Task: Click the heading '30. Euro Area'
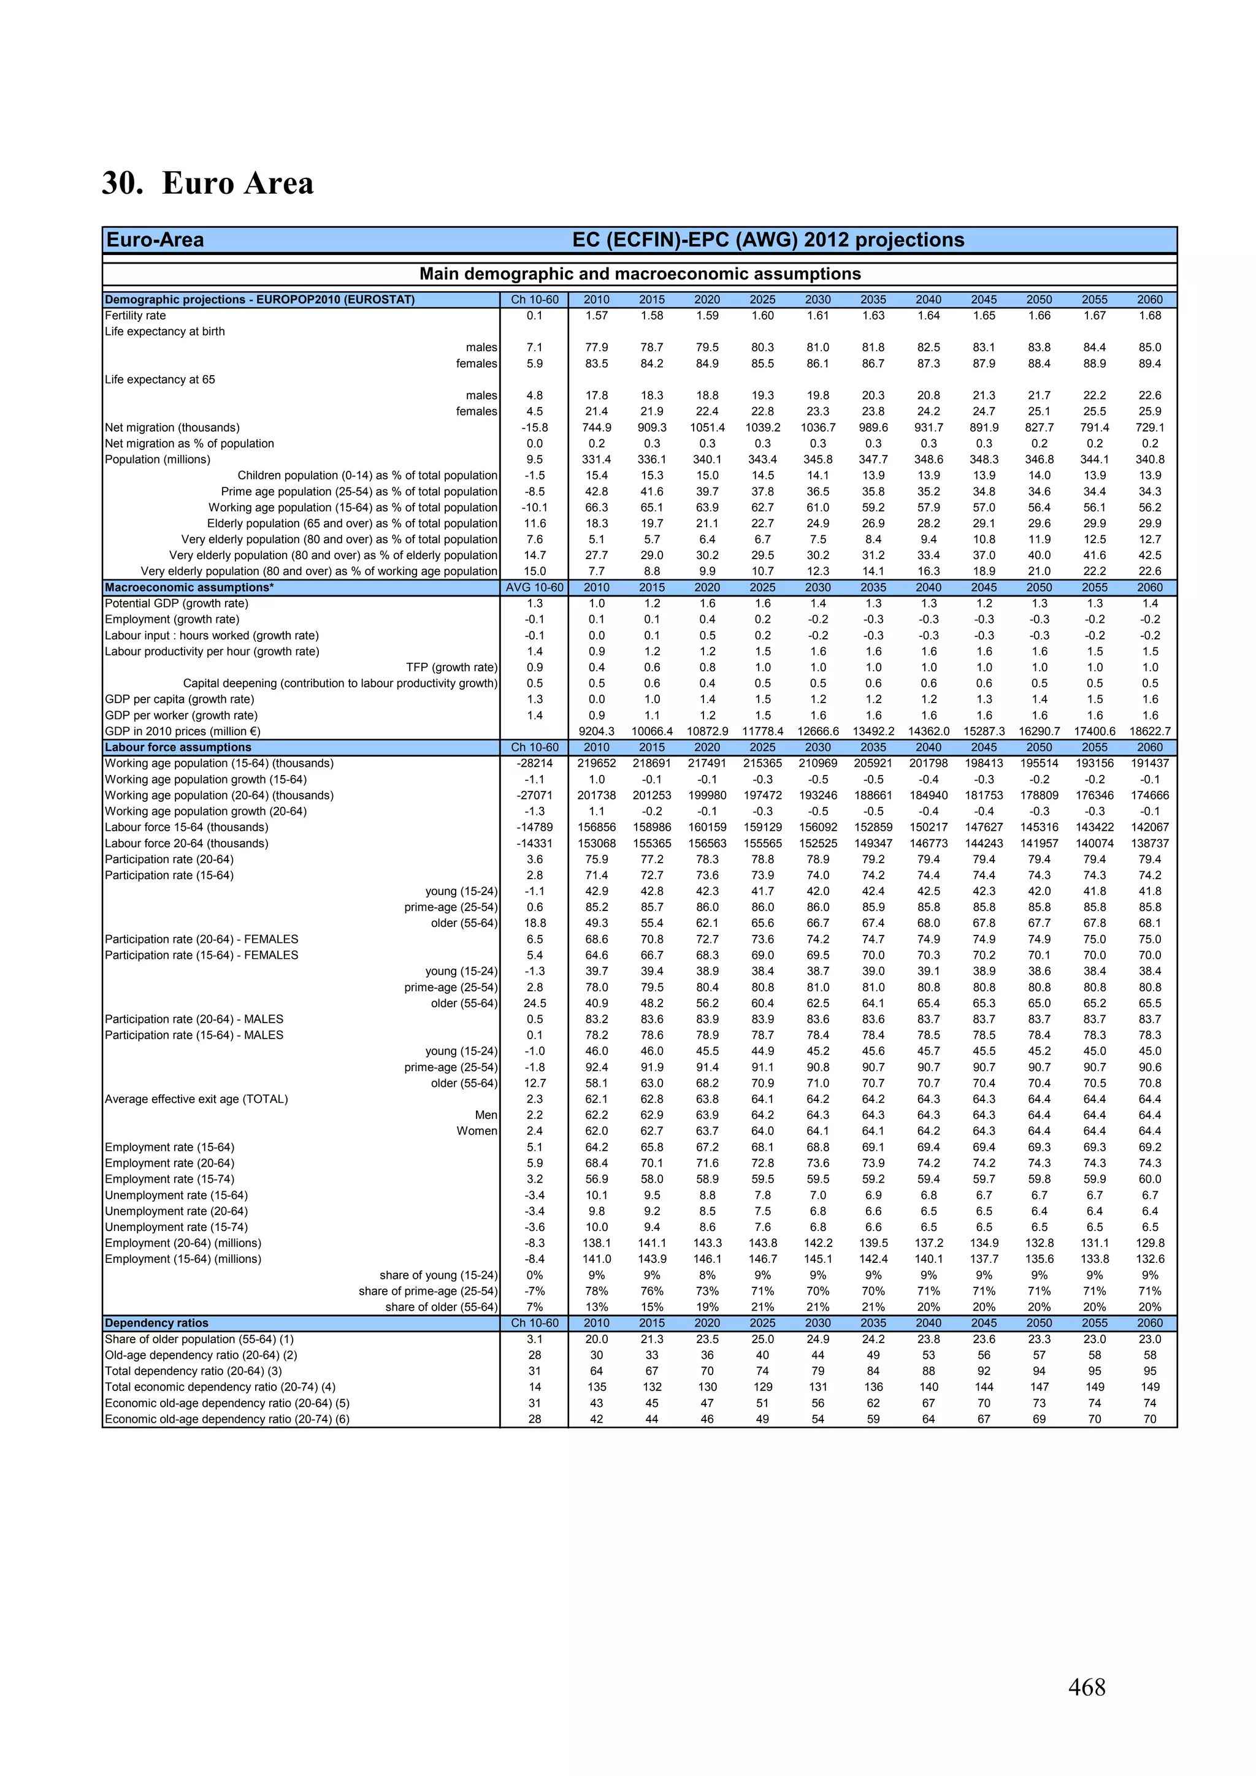tap(207, 183)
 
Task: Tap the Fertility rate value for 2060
tap(1149, 316)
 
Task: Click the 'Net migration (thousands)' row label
tap(172, 428)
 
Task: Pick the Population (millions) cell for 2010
tap(596, 459)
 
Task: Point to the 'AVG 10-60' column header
tap(534, 587)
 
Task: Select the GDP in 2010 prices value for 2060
tap(1149, 731)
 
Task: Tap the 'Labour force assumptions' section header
tap(178, 747)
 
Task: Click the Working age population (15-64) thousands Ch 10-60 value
tap(534, 763)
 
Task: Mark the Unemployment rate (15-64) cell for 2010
tap(596, 1195)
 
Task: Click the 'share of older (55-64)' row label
tap(441, 1307)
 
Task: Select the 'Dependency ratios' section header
tap(156, 1323)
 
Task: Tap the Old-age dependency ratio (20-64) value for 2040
tap(928, 1355)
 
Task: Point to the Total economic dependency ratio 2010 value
tap(596, 1387)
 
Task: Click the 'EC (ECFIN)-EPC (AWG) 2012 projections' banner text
tap(768, 240)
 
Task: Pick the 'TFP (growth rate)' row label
tap(451, 668)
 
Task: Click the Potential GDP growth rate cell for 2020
tap(706, 603)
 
